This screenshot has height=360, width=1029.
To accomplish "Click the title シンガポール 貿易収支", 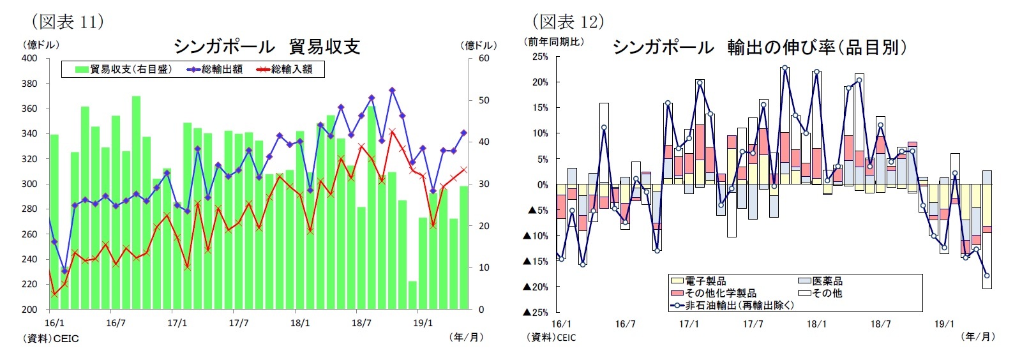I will pos(267,47).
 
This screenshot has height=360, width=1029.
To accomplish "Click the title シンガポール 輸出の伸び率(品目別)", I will pos(759,47).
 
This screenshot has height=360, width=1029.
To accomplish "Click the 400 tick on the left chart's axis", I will pos(29,58).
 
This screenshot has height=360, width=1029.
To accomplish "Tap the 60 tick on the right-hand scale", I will pos(484,58).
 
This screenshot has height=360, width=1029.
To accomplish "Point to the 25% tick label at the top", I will pos(539,57).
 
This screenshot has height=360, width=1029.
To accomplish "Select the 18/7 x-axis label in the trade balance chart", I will pos(361,323).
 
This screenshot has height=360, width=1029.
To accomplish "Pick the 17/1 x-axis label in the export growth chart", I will pos(689,324).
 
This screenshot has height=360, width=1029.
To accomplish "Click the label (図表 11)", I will pos(68,22).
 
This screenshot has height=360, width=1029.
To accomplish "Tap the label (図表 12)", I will pos(568,22).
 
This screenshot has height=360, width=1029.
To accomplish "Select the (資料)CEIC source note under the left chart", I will pos(51,338).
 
